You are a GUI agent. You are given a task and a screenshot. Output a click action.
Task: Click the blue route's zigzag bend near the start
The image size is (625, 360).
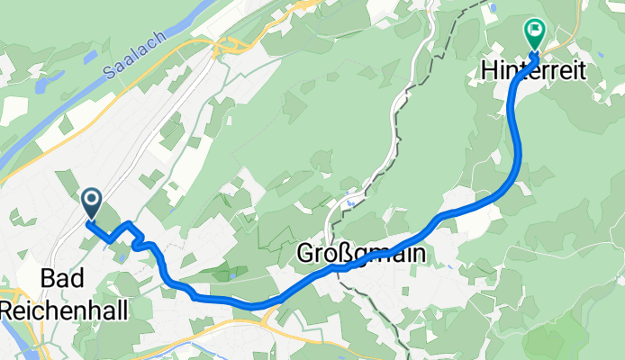pyautogui.click(x=136, y=241)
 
